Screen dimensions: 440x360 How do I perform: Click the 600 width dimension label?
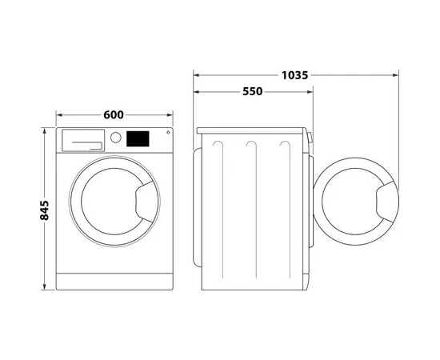coord(114,114)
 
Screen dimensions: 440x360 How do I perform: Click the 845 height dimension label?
coord(44,210)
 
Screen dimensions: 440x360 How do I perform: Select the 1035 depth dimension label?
coord(294,75)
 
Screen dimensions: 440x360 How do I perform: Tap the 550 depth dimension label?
coord(252,91)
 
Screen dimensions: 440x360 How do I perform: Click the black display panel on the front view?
coord(138,138)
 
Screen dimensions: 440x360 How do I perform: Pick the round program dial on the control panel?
coord(116,138)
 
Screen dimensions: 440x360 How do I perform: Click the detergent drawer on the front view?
coord(83,140)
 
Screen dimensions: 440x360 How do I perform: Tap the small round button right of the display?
coord(168,133)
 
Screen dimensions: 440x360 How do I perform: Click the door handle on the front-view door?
coord(146,202)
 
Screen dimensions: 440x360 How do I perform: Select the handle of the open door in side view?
coord(387,202)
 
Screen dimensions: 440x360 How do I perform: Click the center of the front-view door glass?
coord(114,202)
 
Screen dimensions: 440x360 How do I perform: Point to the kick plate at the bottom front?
coord(114,282)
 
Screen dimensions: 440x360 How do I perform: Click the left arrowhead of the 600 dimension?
coord(59,114)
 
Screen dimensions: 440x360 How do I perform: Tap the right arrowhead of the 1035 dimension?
coord(396,75)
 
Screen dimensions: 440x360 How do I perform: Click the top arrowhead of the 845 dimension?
coord(44,130)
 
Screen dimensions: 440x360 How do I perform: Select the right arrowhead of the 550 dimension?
coord(310,92)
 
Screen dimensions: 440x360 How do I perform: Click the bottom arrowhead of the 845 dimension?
coord(44,286)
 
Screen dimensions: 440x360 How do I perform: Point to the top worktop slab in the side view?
coord(250,130)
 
